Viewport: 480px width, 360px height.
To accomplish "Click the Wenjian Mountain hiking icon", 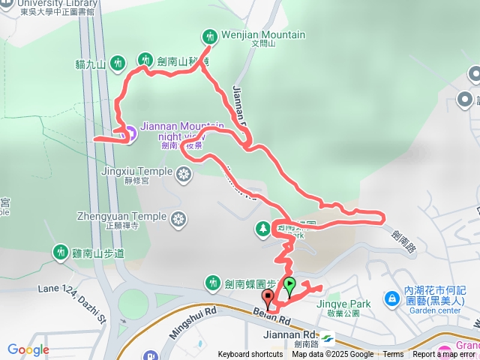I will click(x=209, y=35).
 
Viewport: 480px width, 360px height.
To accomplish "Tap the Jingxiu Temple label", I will click(x=136, y=171).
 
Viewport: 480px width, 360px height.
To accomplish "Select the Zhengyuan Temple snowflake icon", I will click(x=178, y=219).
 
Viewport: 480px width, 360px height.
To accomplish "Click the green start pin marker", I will click(x=289, y=285).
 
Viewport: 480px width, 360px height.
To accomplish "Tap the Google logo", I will click(x=28, y=349).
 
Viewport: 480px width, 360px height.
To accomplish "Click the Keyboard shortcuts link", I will click(x=250, y=355).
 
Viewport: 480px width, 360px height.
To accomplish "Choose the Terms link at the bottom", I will click(x=393, y=355).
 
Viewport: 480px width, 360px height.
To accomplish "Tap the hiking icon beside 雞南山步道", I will click(x=59, y=252).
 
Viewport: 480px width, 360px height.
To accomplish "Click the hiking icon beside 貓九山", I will click(x=117, y=64).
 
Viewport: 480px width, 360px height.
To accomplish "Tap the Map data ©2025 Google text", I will click(x=333, y=355).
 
